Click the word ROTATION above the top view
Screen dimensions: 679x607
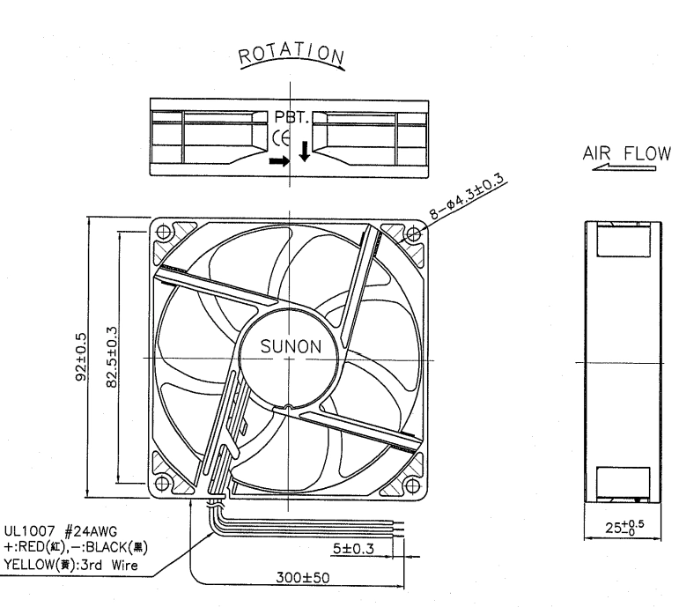[292, 54]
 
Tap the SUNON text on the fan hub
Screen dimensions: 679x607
[291, 346]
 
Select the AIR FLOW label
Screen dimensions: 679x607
[626, 153]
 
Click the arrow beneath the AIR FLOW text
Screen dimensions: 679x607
[624, 167]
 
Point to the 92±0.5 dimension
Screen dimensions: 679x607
[81, 357]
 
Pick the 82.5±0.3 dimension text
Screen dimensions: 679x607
[111, 357]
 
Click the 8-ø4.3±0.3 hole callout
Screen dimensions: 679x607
[468, 196]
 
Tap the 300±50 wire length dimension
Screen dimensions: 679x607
[303, 577]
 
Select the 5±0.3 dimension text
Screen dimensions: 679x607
[353, 549]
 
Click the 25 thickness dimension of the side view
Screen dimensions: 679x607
[624, 527]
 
